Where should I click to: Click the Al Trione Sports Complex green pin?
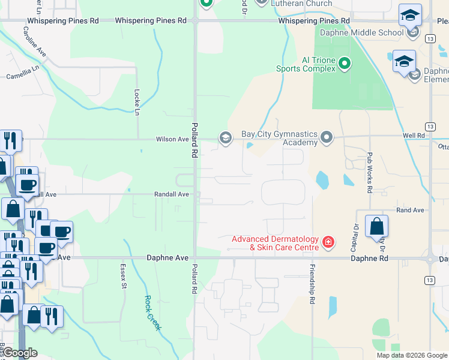tap(345, 63)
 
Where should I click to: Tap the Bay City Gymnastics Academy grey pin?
tap(327, 138)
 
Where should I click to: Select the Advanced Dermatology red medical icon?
tap(328, 242)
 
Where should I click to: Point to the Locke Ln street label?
tap(137, 103)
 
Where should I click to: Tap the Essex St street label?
tap(124, 277)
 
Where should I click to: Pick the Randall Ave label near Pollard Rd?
tap(172, 194)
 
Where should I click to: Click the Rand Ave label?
tap(410, 211)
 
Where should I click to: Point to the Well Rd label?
tap(414, 136)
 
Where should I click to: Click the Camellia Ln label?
tap(22, 76)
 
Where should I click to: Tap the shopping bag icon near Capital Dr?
tap(376, 227)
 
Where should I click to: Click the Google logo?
tap(20, 353)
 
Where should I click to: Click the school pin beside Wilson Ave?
tap(225, 138)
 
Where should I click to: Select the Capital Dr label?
tap(355, 235)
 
